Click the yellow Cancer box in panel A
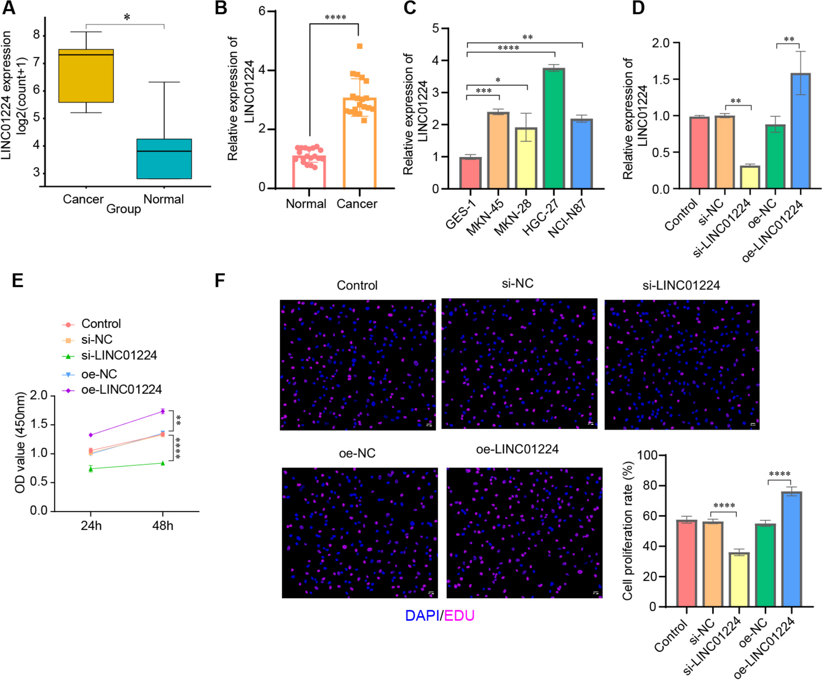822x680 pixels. tap(86, 76)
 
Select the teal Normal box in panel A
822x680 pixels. tap(164, 159)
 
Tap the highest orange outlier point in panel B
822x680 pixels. tap(359, 46)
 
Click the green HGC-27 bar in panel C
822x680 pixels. tap(554, 128)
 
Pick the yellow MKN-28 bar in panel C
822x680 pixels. tap(526, 158)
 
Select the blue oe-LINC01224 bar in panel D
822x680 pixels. tap(801, 131)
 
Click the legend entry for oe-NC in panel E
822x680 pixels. tap(99, 374)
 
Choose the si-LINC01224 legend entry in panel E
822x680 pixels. tap(119, 355)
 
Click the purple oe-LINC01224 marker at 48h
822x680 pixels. tap(162, 411)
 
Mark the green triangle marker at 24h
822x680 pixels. tap(91, 469)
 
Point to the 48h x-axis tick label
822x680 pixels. tap(162, 525)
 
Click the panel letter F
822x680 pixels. tap(220, 280)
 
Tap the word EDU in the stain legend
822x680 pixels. tap(459, 615)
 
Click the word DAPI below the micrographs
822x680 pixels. tap(422, 615)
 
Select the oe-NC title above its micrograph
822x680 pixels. tap(357, 453)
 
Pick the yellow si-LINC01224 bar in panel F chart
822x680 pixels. tap(739, 579)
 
